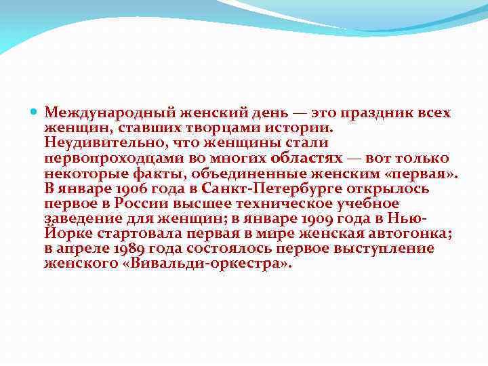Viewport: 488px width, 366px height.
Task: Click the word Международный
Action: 106,113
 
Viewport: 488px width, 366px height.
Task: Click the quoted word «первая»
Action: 424,173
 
